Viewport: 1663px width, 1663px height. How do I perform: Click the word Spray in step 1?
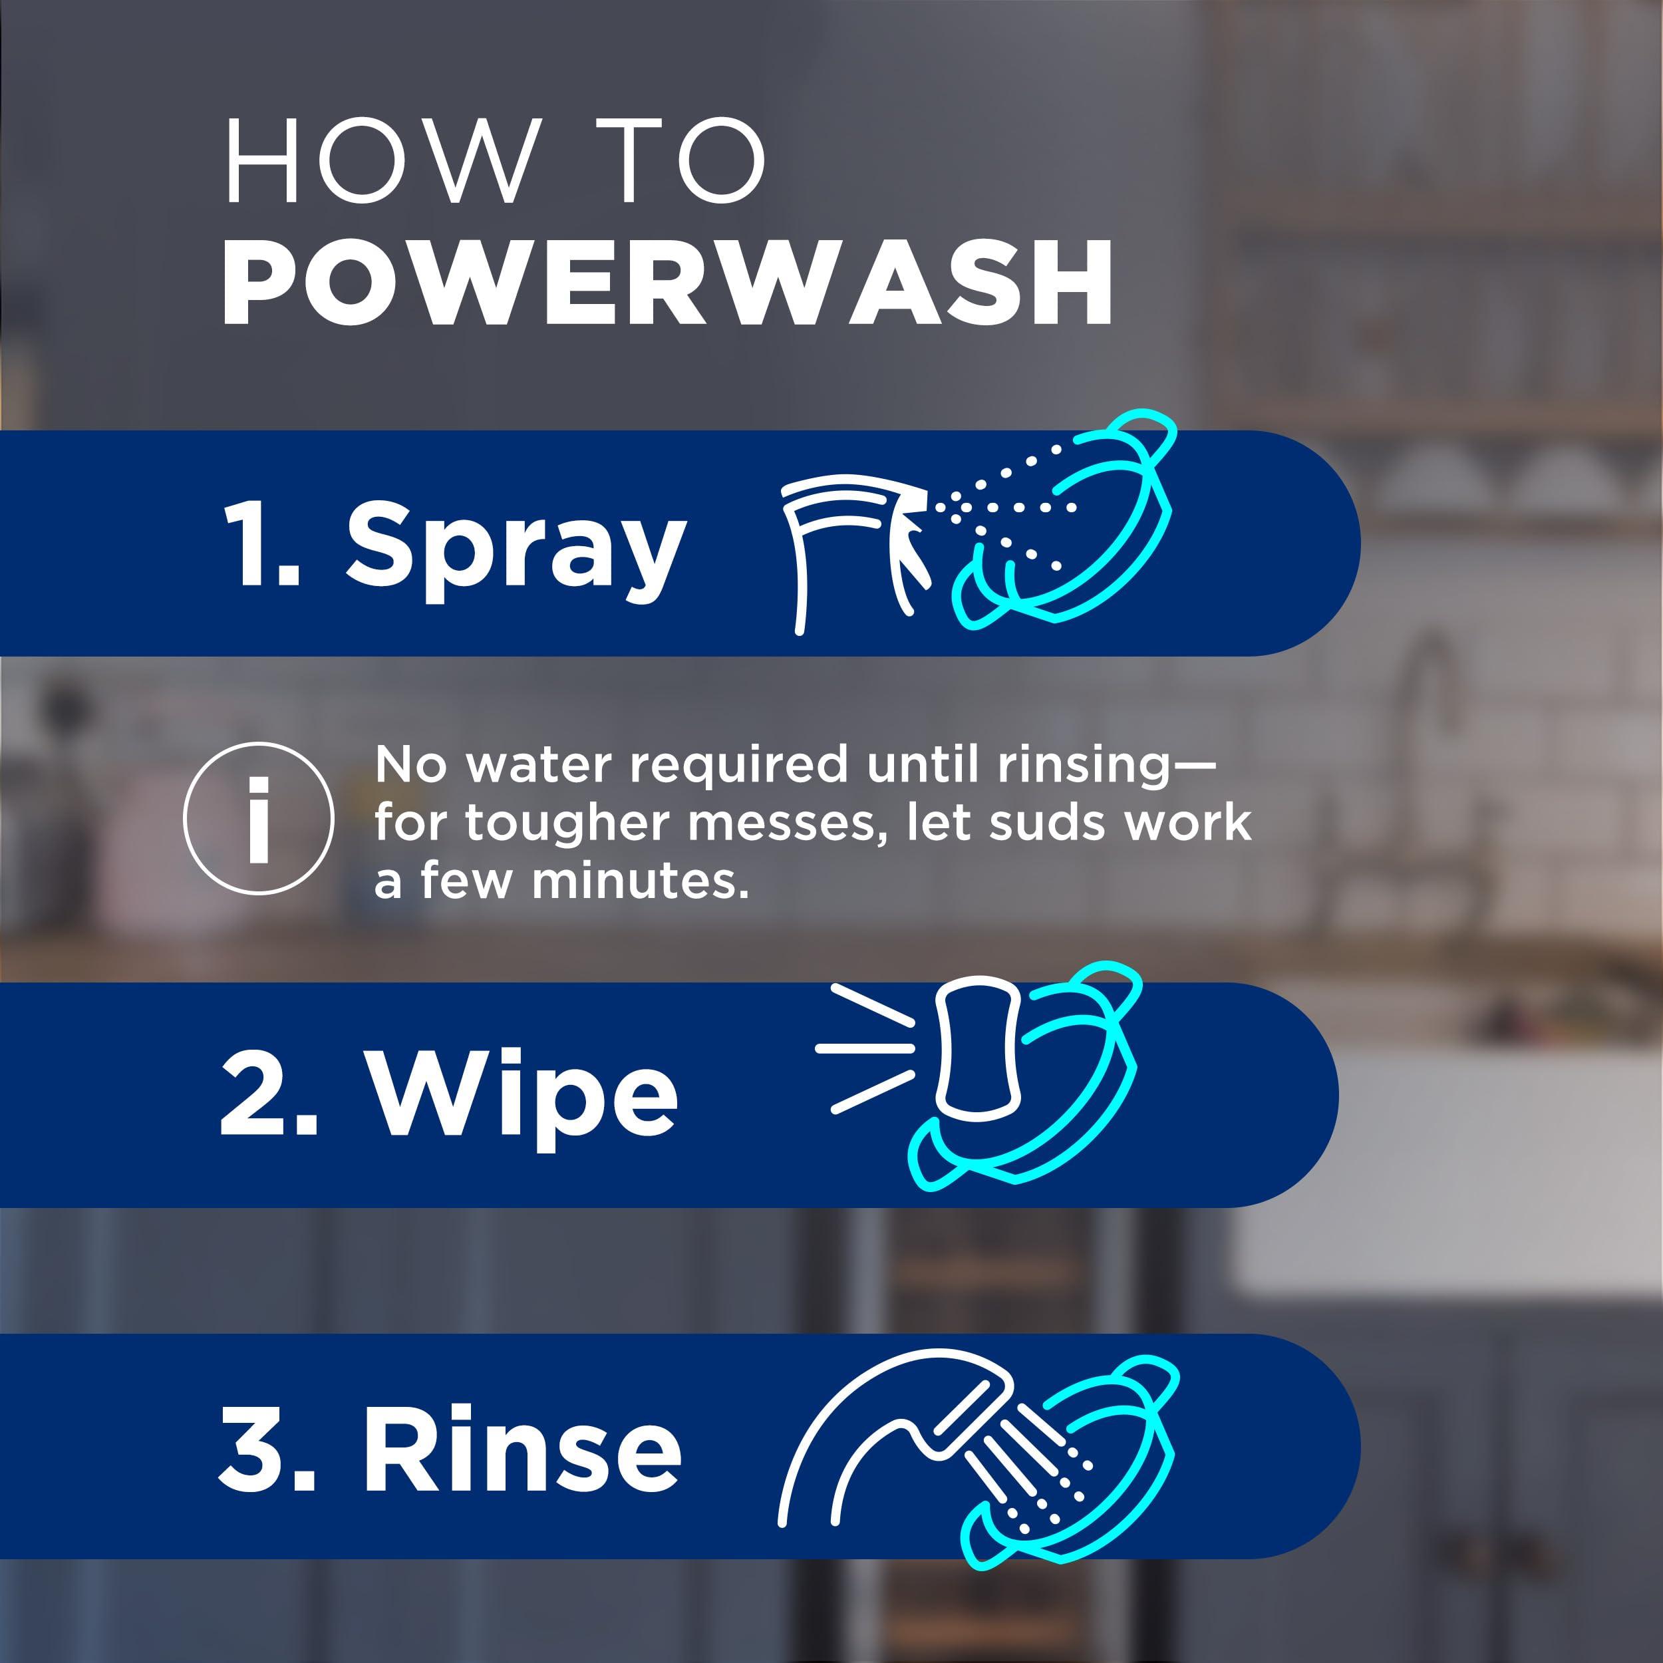(516, 547)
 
